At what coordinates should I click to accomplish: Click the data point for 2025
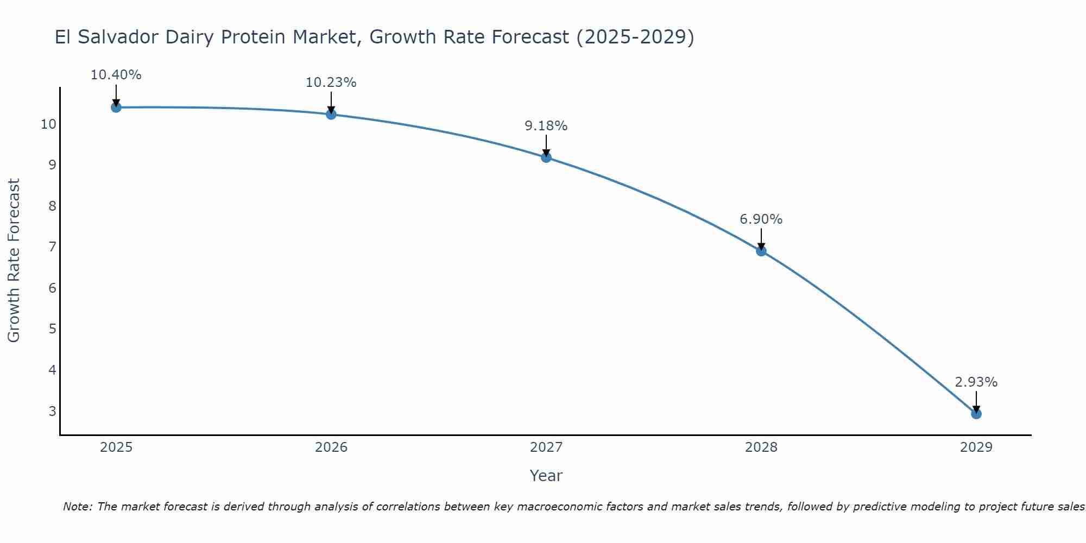(116, 108)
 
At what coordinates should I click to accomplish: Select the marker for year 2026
(331, 114)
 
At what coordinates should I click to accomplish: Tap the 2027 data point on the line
(546, 157)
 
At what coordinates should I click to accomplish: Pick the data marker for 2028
(761, 251)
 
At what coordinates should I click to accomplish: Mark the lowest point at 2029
(976, 414)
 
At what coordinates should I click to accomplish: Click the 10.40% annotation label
(116, 75)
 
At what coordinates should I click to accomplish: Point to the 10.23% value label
(331, 83)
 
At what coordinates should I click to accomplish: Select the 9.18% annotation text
(546, 126)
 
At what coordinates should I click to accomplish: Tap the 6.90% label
(761, 219)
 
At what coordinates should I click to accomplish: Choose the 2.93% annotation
(976, 382)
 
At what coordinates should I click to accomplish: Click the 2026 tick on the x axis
(331, 447)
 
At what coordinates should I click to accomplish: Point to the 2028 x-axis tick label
(761, 447)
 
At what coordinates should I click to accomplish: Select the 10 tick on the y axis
(48, 124)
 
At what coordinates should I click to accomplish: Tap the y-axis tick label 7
(52, 247)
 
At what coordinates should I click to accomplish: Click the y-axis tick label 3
(52, 411)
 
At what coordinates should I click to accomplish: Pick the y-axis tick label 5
(52, 329)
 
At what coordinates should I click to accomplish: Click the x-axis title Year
(546, 476)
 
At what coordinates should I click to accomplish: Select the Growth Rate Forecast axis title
(14, 261)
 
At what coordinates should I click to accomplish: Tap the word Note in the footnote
(78, 507)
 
